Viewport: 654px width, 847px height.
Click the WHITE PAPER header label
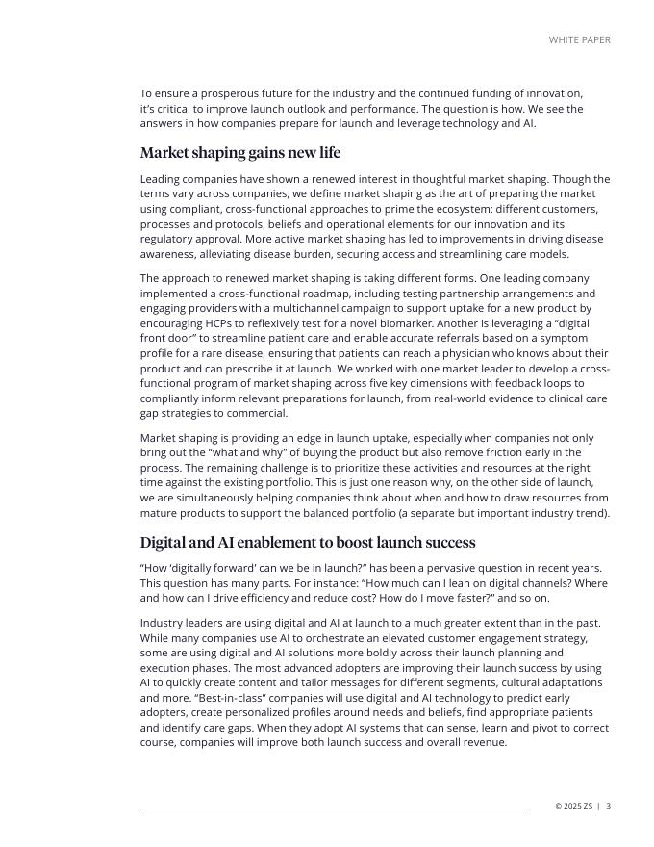coord(579,40)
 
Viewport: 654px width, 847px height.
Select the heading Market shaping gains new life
coord(239,153)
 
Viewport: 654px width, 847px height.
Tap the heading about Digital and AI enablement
coord(308,542)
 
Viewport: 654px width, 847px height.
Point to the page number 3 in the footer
coord(608,806)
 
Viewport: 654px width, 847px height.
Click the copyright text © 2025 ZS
coord(573,806)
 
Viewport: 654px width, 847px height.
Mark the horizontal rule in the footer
coord(334,808)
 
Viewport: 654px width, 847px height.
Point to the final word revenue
coord(484,743)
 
